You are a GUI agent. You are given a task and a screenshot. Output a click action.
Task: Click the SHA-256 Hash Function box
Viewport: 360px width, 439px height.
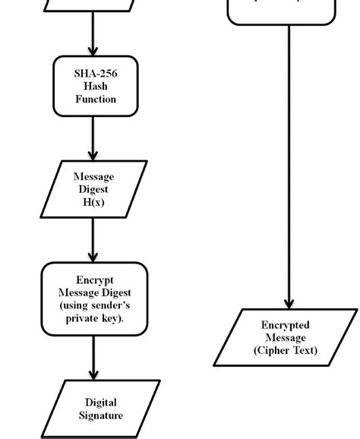coord(95,86)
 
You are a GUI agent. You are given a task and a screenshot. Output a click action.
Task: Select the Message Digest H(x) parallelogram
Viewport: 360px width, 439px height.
coord(93,188)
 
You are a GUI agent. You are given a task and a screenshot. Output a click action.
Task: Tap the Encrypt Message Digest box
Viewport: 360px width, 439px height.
coord(94,298)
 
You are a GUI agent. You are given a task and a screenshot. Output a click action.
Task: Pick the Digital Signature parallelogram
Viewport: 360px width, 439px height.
coord(100,409)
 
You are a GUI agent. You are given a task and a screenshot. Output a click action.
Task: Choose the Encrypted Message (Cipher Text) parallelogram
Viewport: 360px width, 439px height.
coord(285,337)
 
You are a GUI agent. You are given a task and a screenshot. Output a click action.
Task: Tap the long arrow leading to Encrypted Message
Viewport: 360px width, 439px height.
coord(289,167)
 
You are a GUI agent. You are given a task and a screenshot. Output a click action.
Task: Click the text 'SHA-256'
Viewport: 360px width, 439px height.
coord(95,74)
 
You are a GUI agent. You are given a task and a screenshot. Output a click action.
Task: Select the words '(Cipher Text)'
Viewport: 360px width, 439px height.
coord(285,350)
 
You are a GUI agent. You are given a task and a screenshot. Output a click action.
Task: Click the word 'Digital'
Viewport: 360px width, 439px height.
coord(101,403)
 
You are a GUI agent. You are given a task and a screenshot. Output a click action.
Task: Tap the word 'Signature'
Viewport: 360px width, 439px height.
coord(100,415)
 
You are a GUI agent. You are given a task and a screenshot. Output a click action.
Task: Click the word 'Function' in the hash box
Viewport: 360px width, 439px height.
coord(95,99)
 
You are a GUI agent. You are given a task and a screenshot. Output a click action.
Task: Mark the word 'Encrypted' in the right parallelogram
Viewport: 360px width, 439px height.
coord(285,325)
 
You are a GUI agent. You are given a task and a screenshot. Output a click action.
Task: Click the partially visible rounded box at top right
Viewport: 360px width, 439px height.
coord(281,11)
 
